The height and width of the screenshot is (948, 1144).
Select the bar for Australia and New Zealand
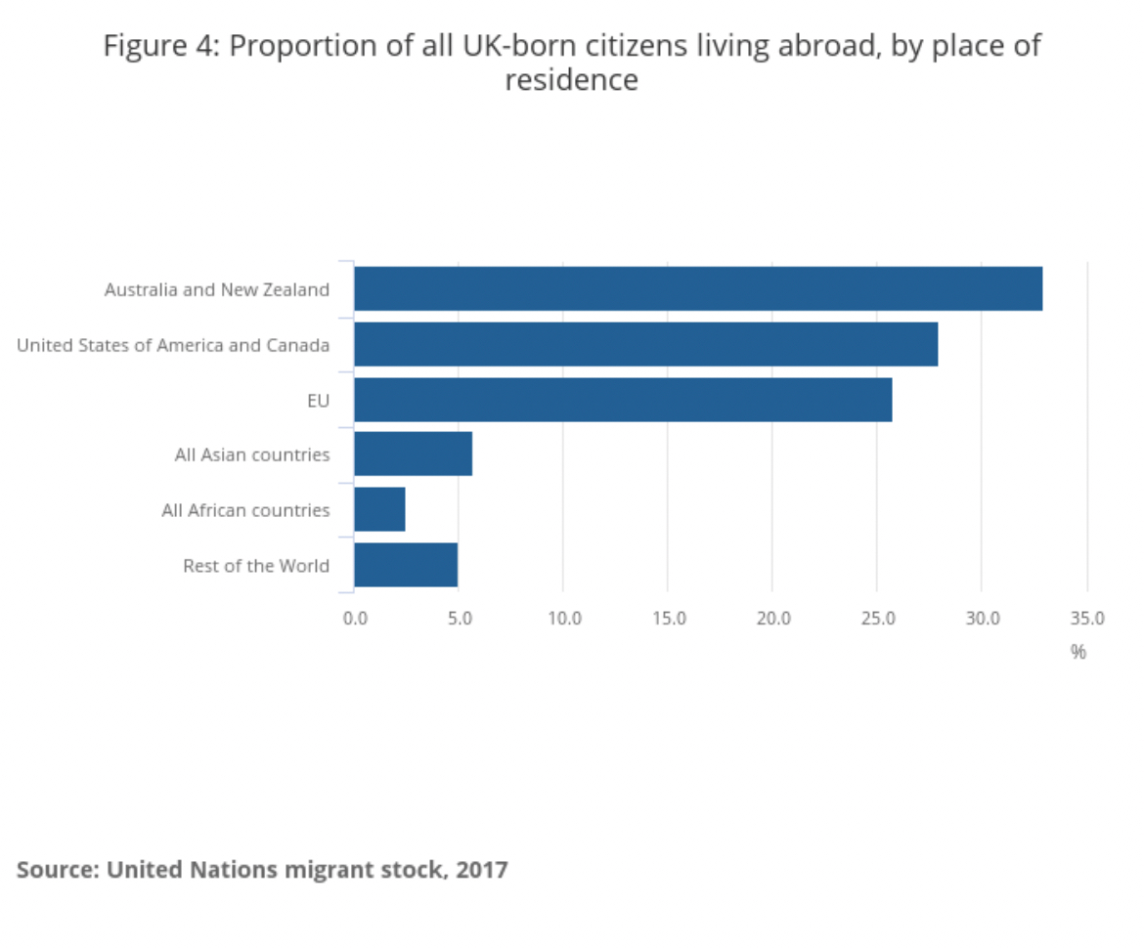pos(698,288)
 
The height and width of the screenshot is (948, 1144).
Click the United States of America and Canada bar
pos(645,344)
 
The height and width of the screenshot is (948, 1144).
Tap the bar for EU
pos(623,399)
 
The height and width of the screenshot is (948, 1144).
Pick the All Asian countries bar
pos(413,453)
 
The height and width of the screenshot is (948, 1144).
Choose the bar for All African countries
pos(379,509)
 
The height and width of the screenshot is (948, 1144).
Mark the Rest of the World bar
pos(406,565)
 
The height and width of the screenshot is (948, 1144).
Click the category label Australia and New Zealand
pos(217,289)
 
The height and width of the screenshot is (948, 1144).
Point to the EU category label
pos(319,400)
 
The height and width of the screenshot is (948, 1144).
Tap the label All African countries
pos(245,510)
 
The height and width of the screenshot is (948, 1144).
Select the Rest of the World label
pos(256,566)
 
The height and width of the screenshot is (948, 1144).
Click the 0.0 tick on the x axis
pos(354,619)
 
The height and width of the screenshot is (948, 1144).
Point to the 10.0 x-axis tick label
pos(564,619)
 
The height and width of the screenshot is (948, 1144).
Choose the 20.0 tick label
pos(772,619)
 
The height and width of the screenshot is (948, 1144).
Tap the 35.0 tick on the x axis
pos(1087,619)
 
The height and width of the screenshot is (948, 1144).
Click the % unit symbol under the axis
pos(1078,652)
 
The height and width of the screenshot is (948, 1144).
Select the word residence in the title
pos(571,80)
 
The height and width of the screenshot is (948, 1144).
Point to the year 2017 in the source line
pos(482,869)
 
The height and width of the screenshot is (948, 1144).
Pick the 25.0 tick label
pos(877,619)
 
